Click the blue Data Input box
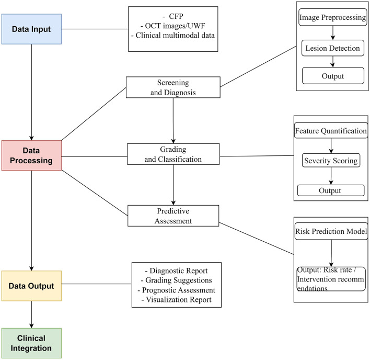tap(31, 29)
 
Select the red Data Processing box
tap(31, 155)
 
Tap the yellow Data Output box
tap(31, 286)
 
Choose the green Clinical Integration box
tap(31, 343)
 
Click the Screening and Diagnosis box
tap(173, 87)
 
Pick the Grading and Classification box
tap(173, 154)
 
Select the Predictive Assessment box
tap(173, 216)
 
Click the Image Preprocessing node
tap(333, 17)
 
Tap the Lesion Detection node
tap(333, 48)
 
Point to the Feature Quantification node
tap(331, 131)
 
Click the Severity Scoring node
tap(331, 161)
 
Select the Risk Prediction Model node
tap(331, 231)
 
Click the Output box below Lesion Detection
tap(333, 76)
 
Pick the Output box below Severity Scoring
tap(331, 190)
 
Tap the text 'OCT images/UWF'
tap(175, 26)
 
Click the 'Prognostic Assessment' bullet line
tap(176, 290)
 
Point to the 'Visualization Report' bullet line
tap(176, 299)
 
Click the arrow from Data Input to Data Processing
tap(32, 93)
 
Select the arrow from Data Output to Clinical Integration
tap(32, 314)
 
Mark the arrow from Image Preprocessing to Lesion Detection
tap(333, 33)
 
